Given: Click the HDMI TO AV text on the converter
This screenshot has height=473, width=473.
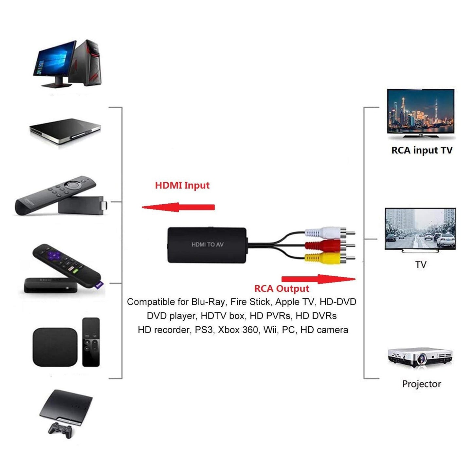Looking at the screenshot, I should pos(208,245).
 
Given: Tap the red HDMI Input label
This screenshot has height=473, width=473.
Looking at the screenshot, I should pos(182,185).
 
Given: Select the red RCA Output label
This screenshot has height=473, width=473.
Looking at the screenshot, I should pos(282,289).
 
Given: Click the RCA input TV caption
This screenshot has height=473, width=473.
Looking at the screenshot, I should pos(422,150).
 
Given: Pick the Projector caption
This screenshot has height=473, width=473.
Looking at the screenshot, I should pos(421,384).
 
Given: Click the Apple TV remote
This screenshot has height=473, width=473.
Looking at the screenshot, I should pos(91,342).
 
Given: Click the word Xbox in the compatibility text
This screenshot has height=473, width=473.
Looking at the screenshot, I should pos(228,330).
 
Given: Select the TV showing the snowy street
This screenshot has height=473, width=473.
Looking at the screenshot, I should pos(420,229).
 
